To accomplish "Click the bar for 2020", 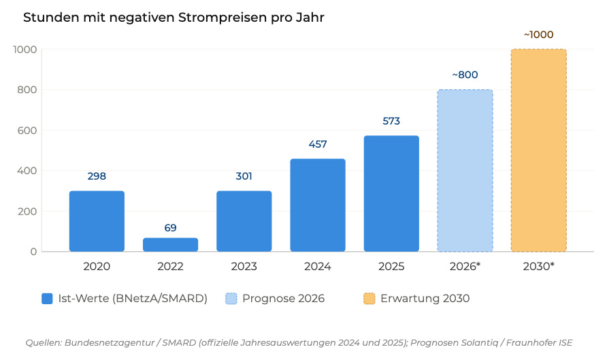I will [97, 221].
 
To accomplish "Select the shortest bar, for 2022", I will [170, 245].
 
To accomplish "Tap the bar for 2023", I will [244, 221].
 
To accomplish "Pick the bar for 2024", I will [318, 206].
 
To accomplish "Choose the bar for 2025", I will [391, 194].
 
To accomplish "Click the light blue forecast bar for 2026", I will [465, 171].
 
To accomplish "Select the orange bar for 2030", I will [538, 150].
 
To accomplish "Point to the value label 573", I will [391, 121].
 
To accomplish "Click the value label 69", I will [170, 228].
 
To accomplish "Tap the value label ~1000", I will [538, 35].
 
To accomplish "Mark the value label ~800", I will [465, 75].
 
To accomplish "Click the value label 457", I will [318, 144].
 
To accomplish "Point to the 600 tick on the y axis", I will [27, 130].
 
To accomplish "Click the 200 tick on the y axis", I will [27, 211].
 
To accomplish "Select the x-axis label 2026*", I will [465, 267].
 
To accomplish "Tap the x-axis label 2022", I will [170, 267].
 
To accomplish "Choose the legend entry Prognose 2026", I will [275, 298].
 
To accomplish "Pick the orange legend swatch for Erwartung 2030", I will [370, 298].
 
